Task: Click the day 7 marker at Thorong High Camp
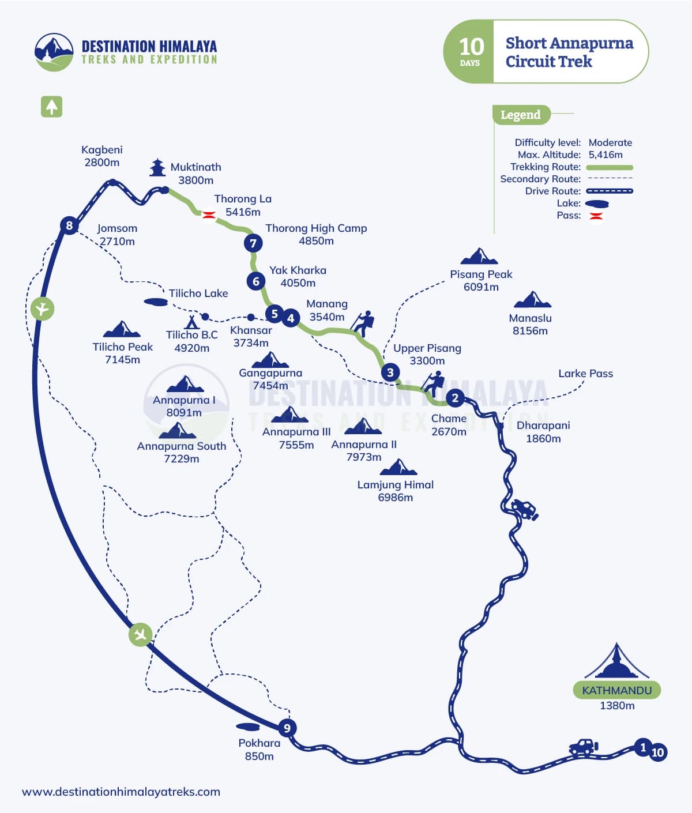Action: (x=253, y=243)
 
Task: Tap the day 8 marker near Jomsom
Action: (x=69, y=225)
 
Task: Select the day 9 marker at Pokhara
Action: (x=287, y=728)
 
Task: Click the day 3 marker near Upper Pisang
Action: (x=390, y=372)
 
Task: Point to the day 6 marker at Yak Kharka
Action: (x=256, y=281)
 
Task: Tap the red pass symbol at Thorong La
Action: (x=208, y=215)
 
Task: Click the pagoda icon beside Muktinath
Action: (x=157, y=167)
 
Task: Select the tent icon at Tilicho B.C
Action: (x=191, y=322)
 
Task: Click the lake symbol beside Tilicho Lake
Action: (x=156, y=302)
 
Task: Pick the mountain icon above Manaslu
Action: (x=532, y=300)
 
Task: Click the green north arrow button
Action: (x=51, y=107)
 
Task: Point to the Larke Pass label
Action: (x=585, y=374)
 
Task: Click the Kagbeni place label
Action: (x=102, y=150)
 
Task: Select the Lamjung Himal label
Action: (x=396, y=485)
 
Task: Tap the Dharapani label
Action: (x=543, y=426)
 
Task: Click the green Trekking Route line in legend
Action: (x=610, y=167)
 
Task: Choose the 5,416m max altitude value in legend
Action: (x=605, y=155)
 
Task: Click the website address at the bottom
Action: (x=121, y=792)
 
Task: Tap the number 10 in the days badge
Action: (x=471, y=46)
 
